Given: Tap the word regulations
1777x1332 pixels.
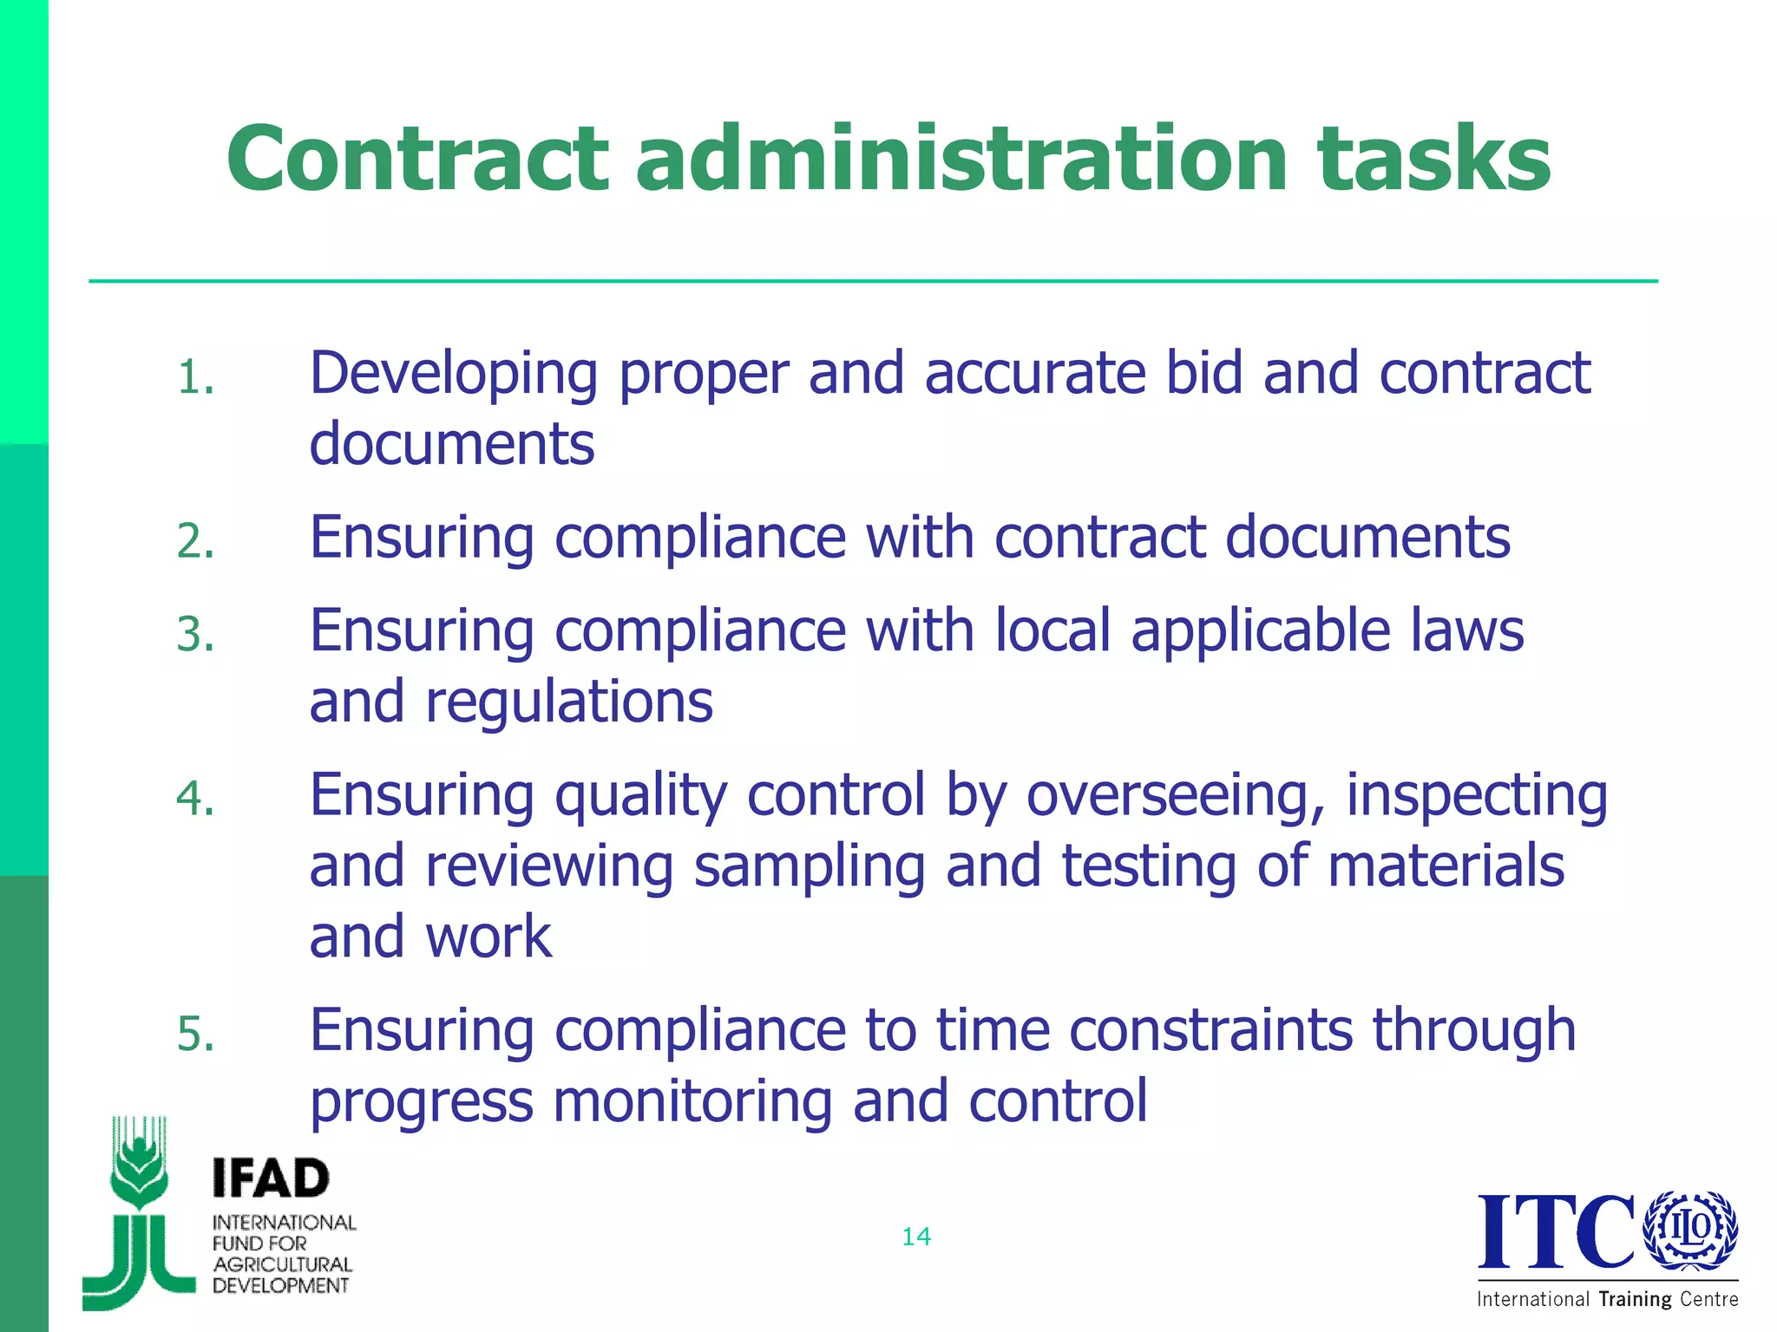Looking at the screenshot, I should tap(568, 702).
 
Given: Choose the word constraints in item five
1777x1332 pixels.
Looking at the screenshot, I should tap(1210, 1030).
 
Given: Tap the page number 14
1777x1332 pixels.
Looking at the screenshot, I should tap(916, 1237).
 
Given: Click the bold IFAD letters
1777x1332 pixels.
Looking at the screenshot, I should tap(271, 1179).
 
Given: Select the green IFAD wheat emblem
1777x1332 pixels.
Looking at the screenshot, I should tap(139, 1214).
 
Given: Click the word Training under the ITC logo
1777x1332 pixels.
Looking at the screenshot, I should tap(1635, 1299).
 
